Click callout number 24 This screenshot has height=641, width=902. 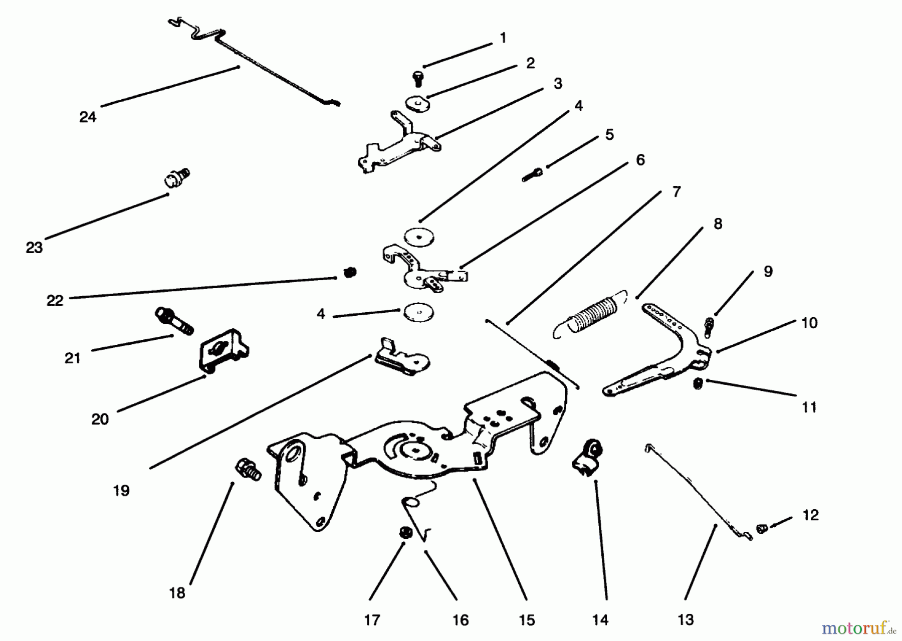click(88, 117)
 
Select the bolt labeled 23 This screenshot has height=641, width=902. click(177, 178)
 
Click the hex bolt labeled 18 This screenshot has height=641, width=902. click(248, 469)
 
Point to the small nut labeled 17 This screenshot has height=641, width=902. click(404, 532)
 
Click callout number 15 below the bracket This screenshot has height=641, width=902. click(527, 619)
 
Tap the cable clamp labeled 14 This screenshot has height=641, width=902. click(587, 456)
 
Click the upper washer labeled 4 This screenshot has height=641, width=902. click(419, 237)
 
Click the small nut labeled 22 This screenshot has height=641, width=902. click(350, 272)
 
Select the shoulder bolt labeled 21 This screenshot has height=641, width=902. click(174, 321)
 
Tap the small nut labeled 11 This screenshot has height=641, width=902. click(698, 384)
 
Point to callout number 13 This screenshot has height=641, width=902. click(686, 619)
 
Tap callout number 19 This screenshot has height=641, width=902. click(121, 490)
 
